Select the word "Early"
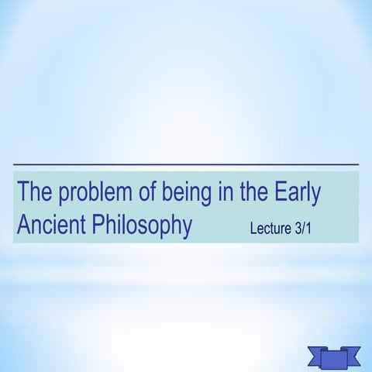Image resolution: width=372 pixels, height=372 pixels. click(x=298, y=192)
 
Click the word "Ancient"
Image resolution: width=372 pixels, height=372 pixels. click(x=50, y=226)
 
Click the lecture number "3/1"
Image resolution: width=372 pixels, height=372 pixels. click(x=312, y=230)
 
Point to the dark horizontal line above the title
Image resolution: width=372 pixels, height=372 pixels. click(x=186, y=165)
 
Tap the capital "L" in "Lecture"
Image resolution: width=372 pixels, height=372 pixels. click(x=253, y=230)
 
